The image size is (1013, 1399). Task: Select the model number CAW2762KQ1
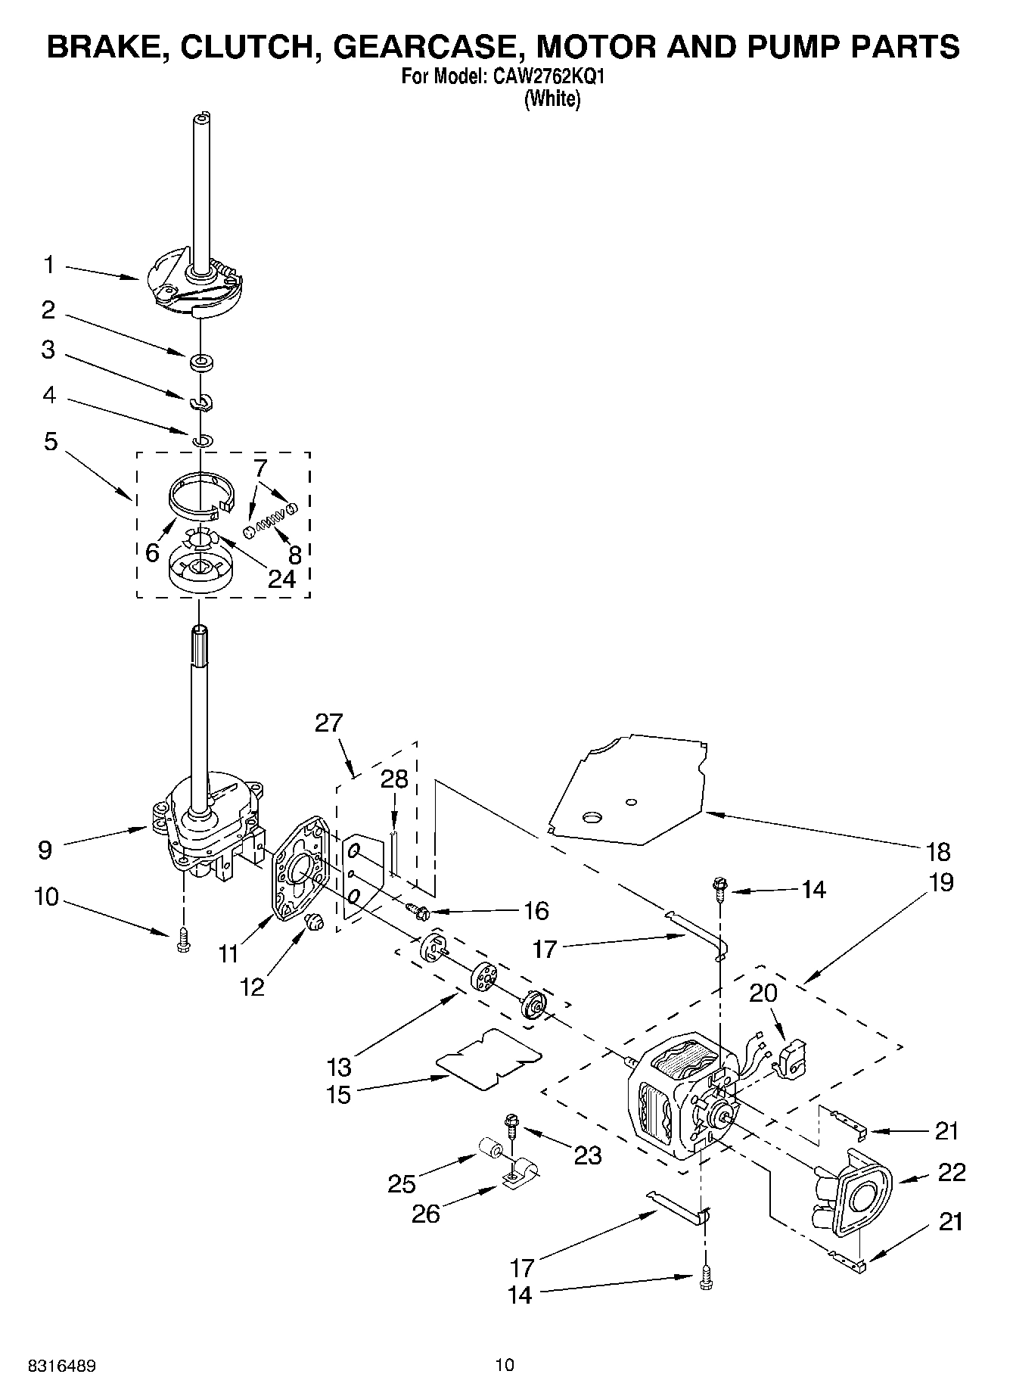(549, 76)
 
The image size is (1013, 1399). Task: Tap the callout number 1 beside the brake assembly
(49, 265)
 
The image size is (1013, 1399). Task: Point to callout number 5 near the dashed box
(50, 442)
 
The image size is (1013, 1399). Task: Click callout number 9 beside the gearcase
(45, 850)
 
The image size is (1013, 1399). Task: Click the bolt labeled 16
(418, 910)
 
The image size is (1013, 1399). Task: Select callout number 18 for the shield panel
(938, 852)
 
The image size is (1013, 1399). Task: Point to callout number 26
(426, 1214)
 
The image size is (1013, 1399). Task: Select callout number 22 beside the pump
(952, 1173)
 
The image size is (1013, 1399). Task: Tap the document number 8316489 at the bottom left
(62, 1366)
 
